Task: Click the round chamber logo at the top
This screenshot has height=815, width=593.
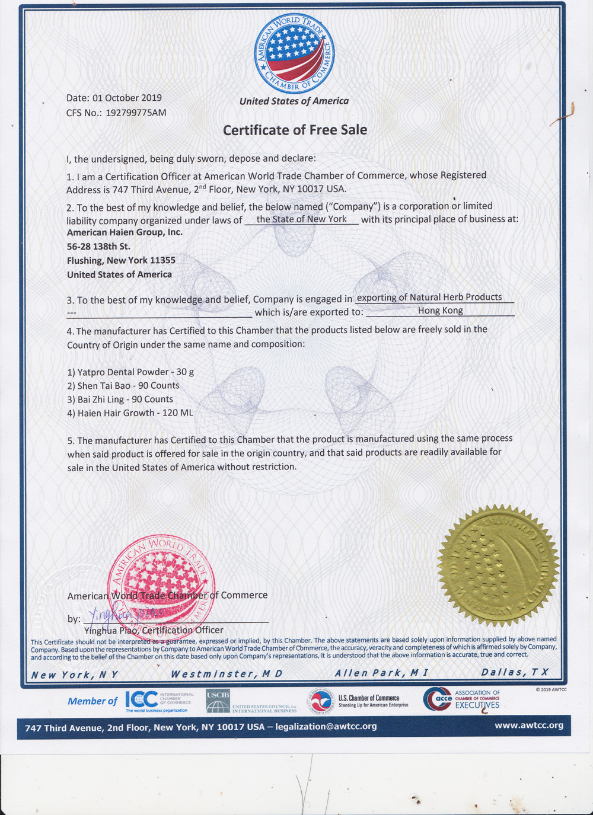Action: pos(294,54)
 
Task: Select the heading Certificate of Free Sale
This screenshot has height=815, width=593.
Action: pos(295,130)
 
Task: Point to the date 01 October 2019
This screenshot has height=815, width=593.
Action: pos(127,98)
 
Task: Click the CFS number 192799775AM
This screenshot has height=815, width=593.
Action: pos(136,113)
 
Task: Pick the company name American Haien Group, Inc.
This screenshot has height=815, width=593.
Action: pos(125,232)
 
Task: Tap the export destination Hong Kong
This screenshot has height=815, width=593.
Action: pos(440,311)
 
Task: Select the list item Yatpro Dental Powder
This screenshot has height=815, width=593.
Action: pos(130,372)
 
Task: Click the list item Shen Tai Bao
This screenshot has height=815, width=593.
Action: pos(123,386)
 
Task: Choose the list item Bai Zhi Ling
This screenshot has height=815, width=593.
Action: pos(120,399)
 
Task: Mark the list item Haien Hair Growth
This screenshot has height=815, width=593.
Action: pos(130,413)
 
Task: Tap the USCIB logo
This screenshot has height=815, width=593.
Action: pos(218,701)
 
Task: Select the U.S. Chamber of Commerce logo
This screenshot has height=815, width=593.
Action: pos(359,701)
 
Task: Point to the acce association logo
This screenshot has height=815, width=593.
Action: pos(461,699)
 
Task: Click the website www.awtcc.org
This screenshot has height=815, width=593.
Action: pos(529,725)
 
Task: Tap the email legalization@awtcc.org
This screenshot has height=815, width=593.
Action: pos(326,727)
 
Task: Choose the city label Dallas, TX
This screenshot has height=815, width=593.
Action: pos(515,672)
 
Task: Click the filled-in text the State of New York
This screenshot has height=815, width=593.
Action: pos(301,219)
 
